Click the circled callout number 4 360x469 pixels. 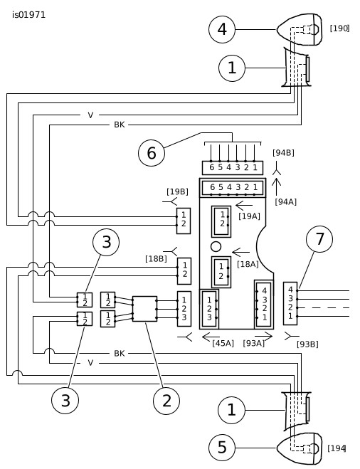222,29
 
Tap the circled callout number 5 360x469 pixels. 222,448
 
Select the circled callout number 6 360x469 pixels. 152,153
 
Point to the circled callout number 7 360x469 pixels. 319,239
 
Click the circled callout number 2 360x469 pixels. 166,401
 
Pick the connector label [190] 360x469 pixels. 339,28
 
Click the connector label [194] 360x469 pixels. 337,448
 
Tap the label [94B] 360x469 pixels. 283,153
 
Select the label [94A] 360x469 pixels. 286,202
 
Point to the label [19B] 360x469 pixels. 178,191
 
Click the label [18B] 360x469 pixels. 156,259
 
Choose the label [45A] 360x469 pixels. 223,343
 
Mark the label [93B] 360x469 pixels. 307,344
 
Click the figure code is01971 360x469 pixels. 28,15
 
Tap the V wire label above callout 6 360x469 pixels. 90,115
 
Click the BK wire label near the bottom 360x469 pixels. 120,354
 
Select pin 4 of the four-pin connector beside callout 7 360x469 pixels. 290,290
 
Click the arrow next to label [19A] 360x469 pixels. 244,206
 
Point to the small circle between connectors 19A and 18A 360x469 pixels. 216,247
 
